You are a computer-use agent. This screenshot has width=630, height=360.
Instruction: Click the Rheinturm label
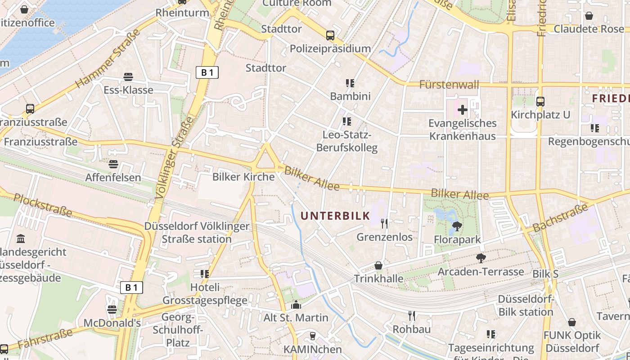click(x=182, y=13)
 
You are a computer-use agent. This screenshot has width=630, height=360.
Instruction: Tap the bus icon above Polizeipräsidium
click(x=330, y=35)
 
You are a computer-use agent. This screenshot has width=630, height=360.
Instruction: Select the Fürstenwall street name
click(x=449, y=85)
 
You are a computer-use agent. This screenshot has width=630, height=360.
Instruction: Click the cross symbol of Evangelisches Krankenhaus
click(x=463, y=109)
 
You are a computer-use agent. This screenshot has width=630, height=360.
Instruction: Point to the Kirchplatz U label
click(x=540, y=115)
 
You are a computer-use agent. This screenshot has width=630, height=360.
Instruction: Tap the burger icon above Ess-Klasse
click(x=128, y=77)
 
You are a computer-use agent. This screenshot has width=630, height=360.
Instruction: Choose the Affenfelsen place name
click(x=113, y=177)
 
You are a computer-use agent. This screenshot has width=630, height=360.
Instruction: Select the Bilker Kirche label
click(x=243, y=177)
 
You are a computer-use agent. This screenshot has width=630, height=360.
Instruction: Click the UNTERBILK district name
click(x=335, y=216)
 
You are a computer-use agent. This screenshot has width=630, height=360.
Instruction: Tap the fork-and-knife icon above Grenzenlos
click(x=384, y=223)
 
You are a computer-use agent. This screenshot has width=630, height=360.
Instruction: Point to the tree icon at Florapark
click(x=457, y=226)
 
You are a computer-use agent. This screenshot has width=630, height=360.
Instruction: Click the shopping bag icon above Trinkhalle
click(x=378, y=265)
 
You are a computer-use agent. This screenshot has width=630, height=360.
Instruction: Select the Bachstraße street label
click(x=560, y=218)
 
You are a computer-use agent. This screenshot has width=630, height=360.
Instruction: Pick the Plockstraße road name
click(x=43, y=205)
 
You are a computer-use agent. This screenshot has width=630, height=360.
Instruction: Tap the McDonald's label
click(x=112, y=323)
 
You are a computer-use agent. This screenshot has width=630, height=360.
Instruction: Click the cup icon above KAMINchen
click(x=312, y=336)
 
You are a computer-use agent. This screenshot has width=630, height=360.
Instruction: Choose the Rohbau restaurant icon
click(x=411, y=316)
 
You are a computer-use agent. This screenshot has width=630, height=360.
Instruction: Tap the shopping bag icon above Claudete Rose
click(x=589, y=16)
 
